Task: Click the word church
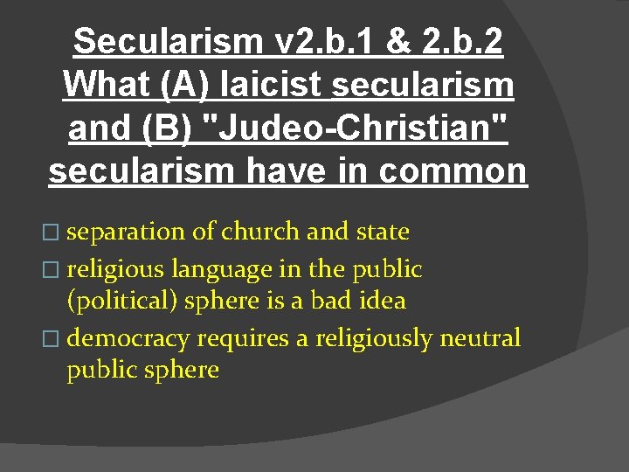(x=261, y=232)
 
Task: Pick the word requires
(x=245, y=337)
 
